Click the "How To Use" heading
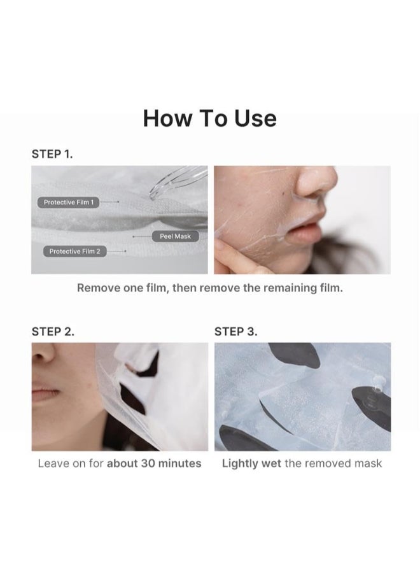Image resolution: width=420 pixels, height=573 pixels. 209,118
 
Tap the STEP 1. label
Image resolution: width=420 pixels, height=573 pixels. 52,154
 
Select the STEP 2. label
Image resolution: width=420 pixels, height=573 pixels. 53,332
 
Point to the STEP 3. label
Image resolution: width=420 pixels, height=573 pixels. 235,332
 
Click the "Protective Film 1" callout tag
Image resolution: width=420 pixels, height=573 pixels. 68,202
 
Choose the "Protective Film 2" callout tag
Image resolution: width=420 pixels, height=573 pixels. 74,251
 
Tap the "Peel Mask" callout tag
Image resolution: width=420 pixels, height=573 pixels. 175,236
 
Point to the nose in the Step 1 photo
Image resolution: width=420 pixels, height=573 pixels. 314,183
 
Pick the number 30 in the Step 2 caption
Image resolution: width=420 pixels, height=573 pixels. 148,463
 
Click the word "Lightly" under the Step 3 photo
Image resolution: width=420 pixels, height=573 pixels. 240,463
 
